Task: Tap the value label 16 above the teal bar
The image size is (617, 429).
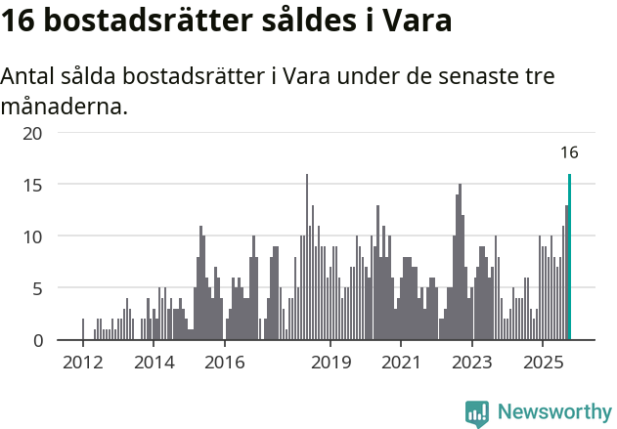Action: tap(569, 152)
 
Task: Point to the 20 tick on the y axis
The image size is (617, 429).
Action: tap(32, 133)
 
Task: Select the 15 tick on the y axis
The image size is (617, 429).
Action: tap(32, 185)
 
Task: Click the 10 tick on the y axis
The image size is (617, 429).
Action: tap(32, 236)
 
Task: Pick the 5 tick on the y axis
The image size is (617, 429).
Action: tap(36, 288)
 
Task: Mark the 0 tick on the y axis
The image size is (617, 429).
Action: tap(36, 340)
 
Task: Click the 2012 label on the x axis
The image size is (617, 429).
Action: tap(82, 364)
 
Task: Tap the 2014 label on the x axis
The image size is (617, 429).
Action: tap(154, 364)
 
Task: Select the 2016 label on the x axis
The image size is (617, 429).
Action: tap(225, 364)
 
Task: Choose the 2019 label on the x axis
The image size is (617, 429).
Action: tap(331, 364)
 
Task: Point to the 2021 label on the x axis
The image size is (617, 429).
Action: tap(401, 364)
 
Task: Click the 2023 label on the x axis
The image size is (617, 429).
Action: tap(472, 364)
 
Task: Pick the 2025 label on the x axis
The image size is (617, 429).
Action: tap(543, 364)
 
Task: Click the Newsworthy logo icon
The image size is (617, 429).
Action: tap(477, 412)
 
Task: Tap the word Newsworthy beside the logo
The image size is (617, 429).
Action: tap(553, 412)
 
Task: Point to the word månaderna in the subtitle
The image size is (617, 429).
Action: tap(64, 106)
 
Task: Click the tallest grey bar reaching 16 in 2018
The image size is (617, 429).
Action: tap(307, 258)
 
